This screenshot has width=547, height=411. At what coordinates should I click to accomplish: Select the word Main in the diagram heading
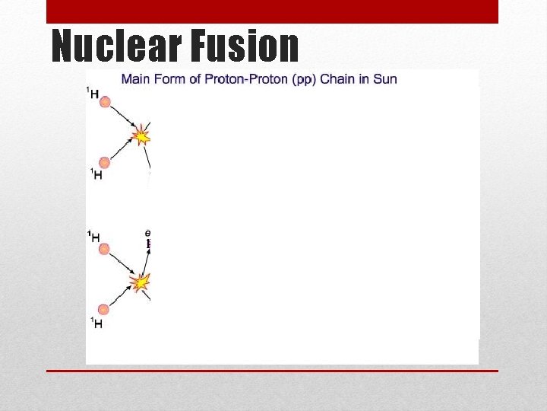(138, 79)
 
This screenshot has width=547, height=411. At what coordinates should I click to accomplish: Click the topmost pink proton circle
(105, 102)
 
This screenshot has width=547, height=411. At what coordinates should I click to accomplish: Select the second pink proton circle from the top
(105, 162)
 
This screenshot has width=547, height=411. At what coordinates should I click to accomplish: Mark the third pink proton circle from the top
(105, 249)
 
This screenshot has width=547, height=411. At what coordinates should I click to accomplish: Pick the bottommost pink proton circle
(105, 310)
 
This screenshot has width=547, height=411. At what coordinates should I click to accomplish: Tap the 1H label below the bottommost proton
(96, 323)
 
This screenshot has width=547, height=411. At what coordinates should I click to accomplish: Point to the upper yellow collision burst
(141, 136)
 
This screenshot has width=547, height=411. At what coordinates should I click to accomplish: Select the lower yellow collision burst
(141, 283)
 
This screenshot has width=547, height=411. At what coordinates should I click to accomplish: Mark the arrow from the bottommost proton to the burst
(122, 297)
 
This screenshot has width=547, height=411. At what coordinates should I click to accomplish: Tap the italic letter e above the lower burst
(147, 232)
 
